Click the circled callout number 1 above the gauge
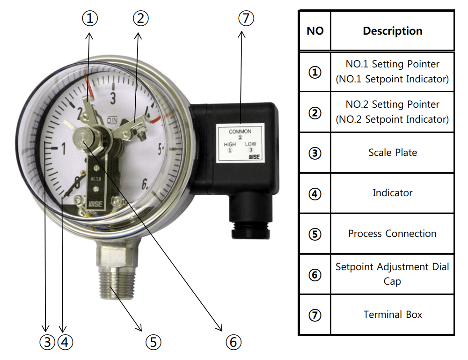tap(90, 18)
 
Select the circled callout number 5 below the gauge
tap(154, 342)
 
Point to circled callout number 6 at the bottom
tap(234, 342)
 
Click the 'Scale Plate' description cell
tap(393, 153)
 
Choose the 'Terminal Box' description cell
tap(393, 314)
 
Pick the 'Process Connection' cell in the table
tap(393, 234)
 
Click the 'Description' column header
tap(393, 31)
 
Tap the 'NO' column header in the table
tap(315, 31)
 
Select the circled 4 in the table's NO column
tap(315, 194)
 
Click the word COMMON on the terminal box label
tap(240, 132)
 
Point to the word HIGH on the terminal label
tap(230, 144)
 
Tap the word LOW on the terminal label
tap(251, 144)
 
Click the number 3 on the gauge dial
tap(113, 98)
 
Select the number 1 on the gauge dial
tap(64, 148)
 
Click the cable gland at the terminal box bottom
tap(250, 230)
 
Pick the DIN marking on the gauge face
tap(112, 120)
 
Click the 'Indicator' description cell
tap(393, 193)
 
